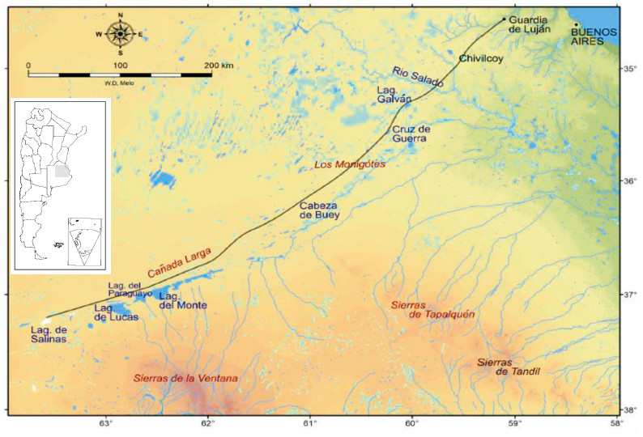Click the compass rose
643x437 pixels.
pos(120,33)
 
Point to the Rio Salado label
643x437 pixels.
pos(418,77)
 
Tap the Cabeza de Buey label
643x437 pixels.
pos(319,210)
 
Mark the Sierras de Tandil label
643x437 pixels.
pos(508,366)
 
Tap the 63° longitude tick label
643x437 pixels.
pos(105,423)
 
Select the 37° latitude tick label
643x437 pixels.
pos(628,295)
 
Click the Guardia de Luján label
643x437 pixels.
pos(530,23)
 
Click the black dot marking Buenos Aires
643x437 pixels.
pos(576,23)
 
